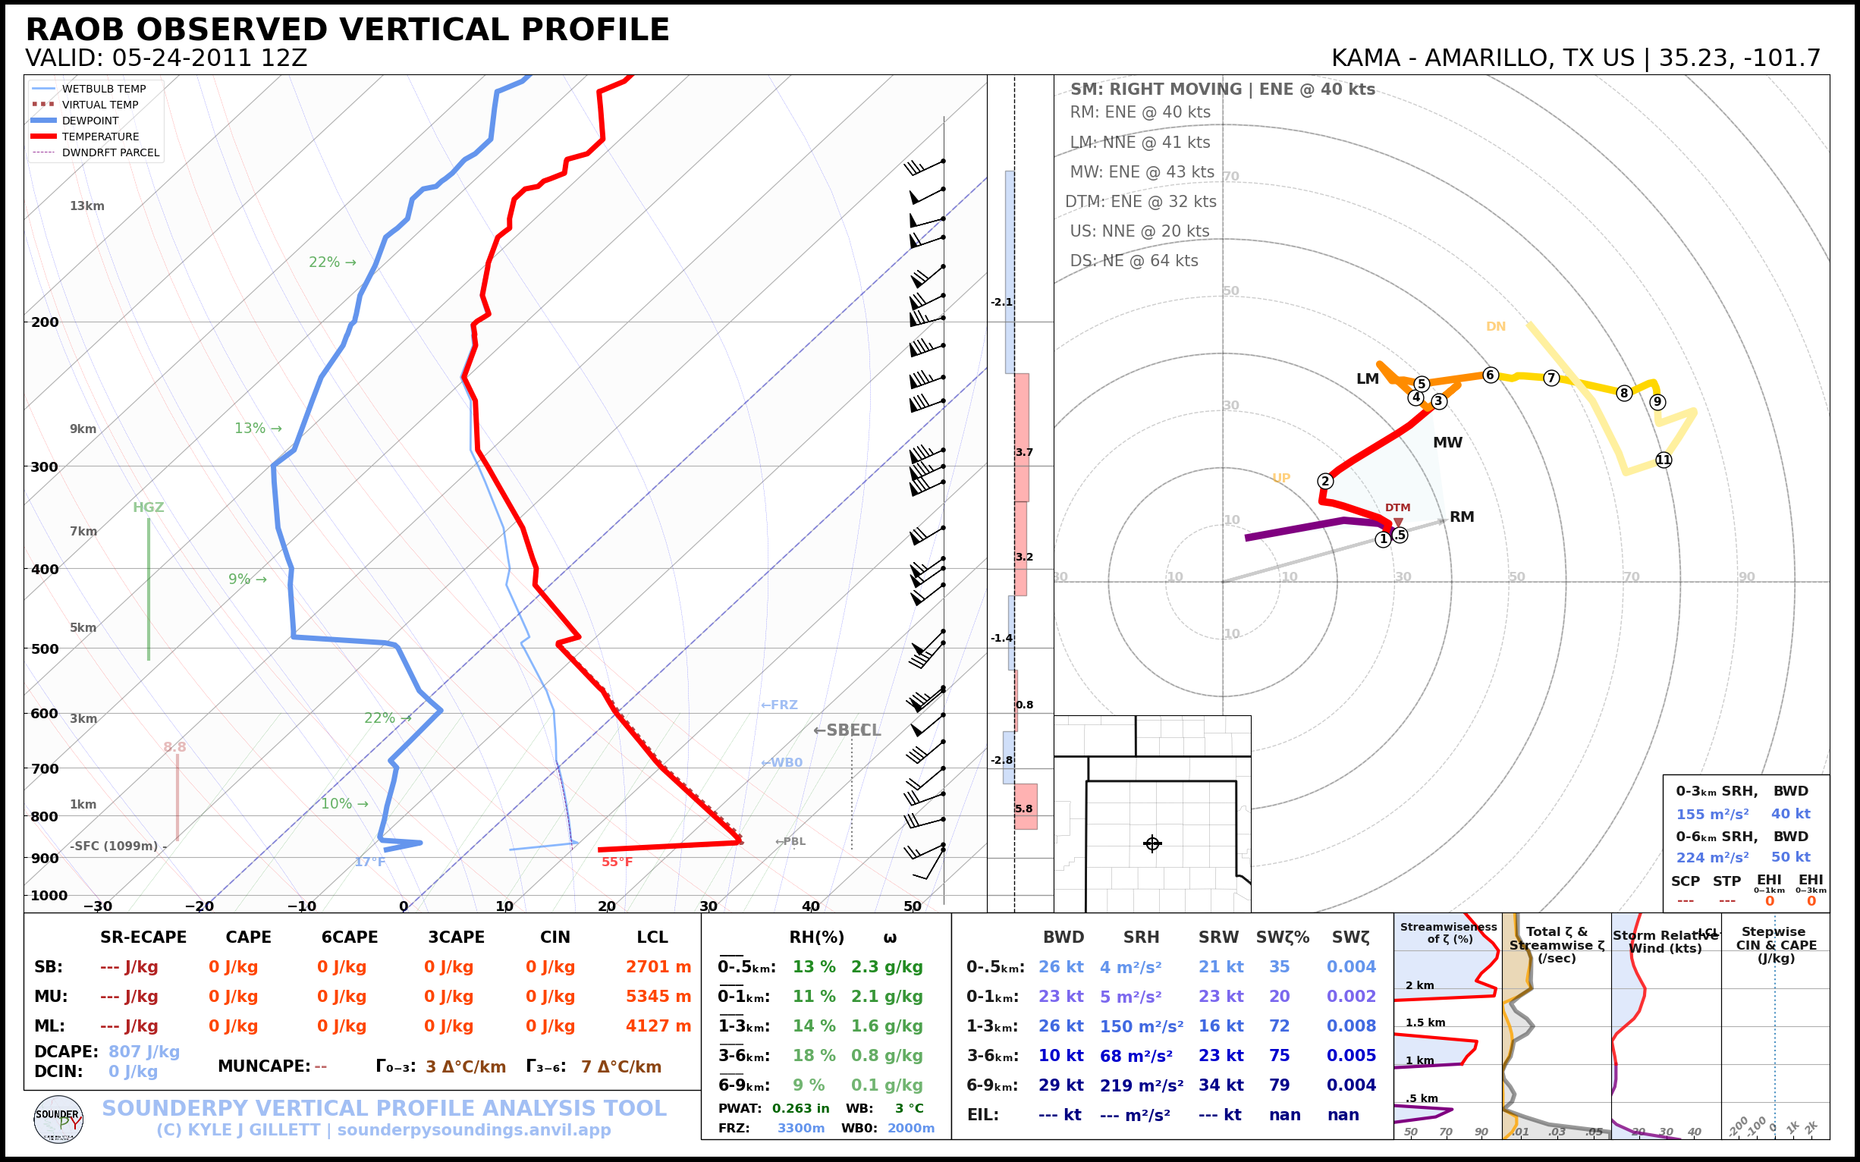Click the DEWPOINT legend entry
90,121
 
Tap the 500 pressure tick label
45,649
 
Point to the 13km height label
86,206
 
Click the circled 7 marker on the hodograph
1551,378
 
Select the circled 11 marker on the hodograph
1664,460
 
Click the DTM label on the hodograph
1397,508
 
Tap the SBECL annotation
847,730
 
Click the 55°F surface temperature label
617,862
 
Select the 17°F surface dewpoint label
369,862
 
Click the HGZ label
149,507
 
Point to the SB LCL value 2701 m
658,967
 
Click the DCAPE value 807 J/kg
143,1051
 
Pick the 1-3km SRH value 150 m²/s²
1141,1026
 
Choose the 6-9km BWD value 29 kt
1060,1085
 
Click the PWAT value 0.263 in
800,1108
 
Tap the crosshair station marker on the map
1152,844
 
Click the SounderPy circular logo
58,1120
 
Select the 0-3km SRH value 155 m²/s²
1711,814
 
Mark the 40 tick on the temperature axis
810,906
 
